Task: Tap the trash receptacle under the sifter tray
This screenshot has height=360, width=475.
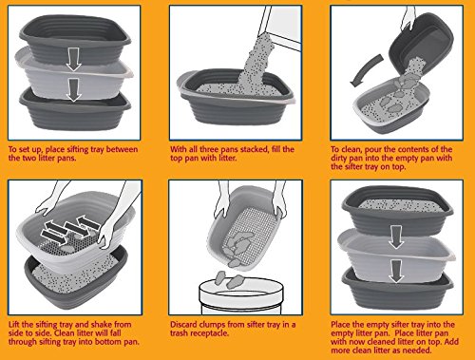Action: pos(241,295)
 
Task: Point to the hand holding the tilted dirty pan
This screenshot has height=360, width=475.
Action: pos(410,16)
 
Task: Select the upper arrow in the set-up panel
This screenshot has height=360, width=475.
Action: pos(74,59)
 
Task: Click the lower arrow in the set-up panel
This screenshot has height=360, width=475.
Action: pos(74,90)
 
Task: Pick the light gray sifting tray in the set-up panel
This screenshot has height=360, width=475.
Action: pos(75,73)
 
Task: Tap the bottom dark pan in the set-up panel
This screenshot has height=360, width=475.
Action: pos(75,110)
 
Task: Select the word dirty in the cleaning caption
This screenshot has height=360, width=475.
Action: pos(339,158)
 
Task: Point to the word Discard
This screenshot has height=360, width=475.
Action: pos(183,325)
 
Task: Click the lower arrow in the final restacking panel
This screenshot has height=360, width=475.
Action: pos(396,271)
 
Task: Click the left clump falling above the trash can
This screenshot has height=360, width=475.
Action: pos(220,278)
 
